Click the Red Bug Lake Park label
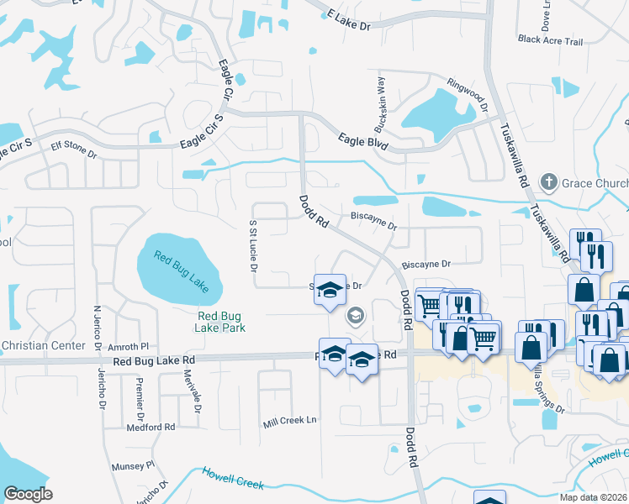point(221,322)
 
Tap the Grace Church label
point(596,183)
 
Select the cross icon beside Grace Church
point(549,182)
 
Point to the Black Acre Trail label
point(550,40)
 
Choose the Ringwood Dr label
point(468,95)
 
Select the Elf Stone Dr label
point(74,150)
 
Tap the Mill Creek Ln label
point(289,419)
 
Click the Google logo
point(28,493)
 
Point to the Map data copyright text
point(593,497)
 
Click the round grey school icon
point(355,316)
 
